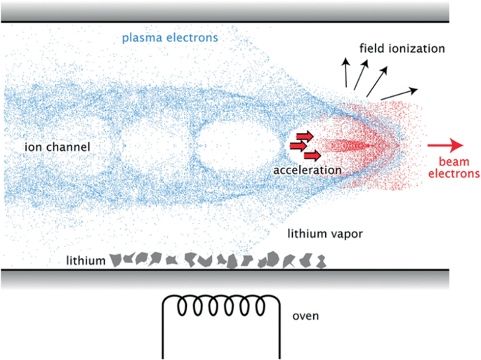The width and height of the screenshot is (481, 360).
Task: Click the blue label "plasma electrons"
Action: (170, 38)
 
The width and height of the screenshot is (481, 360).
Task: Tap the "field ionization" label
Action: (402, 48)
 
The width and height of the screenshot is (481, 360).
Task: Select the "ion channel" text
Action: (58, 147)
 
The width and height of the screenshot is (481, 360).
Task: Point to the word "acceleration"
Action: (308, 171)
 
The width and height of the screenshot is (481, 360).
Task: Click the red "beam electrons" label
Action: (454, 168)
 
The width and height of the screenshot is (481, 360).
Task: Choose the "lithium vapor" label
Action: (325, 234)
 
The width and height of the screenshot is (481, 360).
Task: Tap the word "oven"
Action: (305, 316)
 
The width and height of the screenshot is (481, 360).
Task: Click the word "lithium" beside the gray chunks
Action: (86, 260)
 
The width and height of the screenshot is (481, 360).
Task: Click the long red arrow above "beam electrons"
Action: (445, 145)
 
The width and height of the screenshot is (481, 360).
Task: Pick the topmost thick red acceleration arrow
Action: (305, 136)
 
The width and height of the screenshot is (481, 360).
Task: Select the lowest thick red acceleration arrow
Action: (312, 156)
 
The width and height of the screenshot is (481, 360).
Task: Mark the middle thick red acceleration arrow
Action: (298, 146)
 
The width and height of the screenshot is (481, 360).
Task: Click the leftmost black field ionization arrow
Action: (346, 72)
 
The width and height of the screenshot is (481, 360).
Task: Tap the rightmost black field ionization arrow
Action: (399, 94)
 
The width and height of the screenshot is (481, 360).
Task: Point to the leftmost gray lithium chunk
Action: (115, 260)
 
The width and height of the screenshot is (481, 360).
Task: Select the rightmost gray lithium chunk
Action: (321, 262)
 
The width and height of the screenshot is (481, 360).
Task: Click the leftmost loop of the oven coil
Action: (183, 306)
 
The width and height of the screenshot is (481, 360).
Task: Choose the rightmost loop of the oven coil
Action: (260, 306)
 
